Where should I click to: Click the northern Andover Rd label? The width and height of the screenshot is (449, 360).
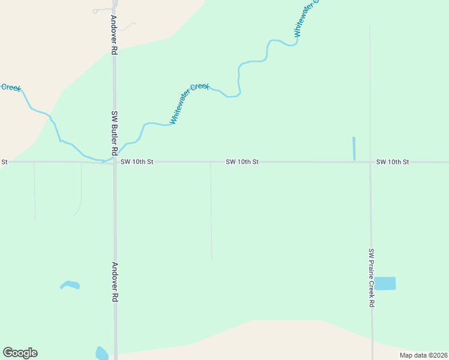112,35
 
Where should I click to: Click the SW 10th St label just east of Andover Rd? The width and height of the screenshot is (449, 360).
137,162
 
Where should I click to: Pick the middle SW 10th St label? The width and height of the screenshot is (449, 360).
242,162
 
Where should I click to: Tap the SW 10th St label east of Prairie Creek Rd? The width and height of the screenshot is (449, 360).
393,162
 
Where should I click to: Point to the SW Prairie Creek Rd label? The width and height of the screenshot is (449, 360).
372,278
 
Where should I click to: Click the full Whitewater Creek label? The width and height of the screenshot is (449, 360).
189,103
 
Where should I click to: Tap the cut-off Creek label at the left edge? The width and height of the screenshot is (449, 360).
11,88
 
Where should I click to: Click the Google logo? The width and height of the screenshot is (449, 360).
20,353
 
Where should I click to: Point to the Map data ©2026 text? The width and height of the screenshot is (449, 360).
423,355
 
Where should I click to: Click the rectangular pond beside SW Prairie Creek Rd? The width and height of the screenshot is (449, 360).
385,283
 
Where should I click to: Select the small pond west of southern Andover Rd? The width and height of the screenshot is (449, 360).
70,284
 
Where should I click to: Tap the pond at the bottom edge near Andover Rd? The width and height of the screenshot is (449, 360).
101,353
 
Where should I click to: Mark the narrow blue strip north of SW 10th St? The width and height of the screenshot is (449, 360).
354,148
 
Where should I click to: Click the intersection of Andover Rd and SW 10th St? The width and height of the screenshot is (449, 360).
114,162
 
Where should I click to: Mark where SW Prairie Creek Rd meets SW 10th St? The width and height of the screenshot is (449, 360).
370,162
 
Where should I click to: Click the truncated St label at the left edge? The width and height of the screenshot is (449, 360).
4,162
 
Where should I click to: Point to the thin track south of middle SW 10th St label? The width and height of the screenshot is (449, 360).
211,210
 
